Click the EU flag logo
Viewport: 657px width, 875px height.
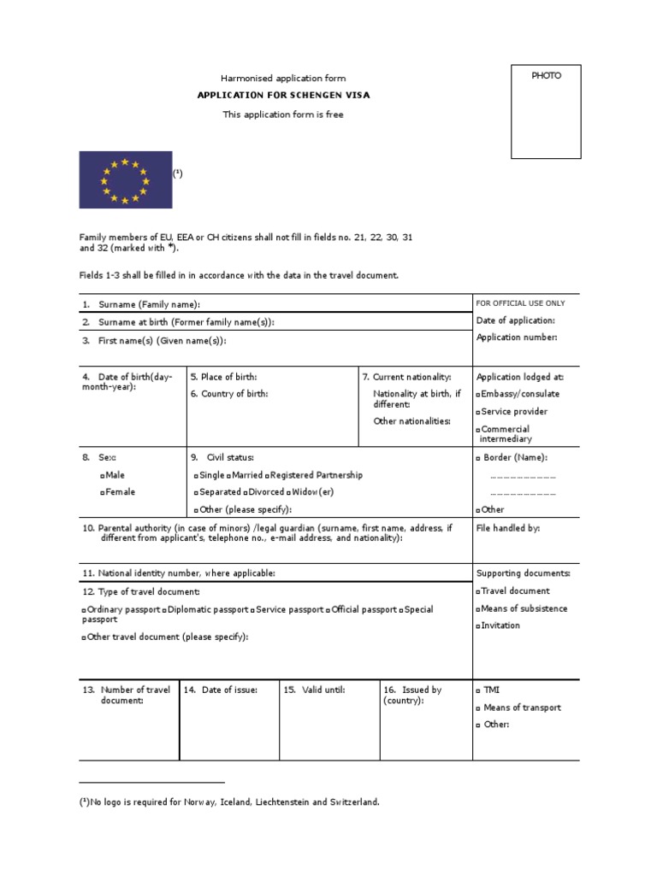click(126, 180)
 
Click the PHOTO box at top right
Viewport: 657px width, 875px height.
click(546, 111)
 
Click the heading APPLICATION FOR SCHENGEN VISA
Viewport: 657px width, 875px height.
click(283, 95)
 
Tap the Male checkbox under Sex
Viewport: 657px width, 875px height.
click(103, 474)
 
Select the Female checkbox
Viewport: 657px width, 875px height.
click(103, 492)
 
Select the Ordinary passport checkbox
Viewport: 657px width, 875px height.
click(84, 610)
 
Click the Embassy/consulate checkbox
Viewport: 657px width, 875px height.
click(479, 394)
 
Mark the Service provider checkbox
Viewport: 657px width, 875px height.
click(479, 412)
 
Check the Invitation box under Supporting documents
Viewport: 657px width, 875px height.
click(479, 626)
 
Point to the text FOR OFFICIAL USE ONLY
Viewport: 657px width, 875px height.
click(521, 303)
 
